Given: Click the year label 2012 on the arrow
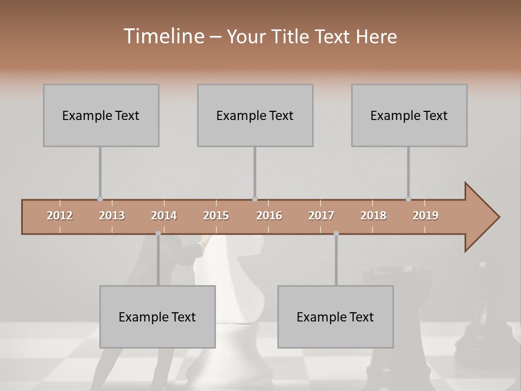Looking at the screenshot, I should (60, 216).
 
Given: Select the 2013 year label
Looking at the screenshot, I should (112, 216).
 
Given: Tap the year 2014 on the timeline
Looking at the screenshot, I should (164, 216).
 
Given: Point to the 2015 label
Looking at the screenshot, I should (216, 216).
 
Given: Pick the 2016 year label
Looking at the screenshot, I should (269, 216).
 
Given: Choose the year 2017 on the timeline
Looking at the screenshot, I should (321, 216).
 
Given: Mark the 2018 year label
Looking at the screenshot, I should (373, 216).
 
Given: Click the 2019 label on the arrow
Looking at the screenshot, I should (425, 216).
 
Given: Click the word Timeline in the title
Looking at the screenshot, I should (163, 36).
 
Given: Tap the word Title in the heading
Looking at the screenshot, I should (291, 37).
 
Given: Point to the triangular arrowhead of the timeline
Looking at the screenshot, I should (480, 217).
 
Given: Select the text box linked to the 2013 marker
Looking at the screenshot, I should (101, 115).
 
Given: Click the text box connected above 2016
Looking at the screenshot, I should (255, 115).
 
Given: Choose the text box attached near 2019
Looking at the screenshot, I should (409, 115).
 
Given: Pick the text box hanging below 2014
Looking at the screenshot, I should (157, 317).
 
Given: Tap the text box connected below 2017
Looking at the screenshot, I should (335, 317).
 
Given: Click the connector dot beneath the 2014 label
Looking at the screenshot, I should (158, 234).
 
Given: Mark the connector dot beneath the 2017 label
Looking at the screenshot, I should (336, 234).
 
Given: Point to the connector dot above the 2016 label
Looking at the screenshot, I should (255, 199).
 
